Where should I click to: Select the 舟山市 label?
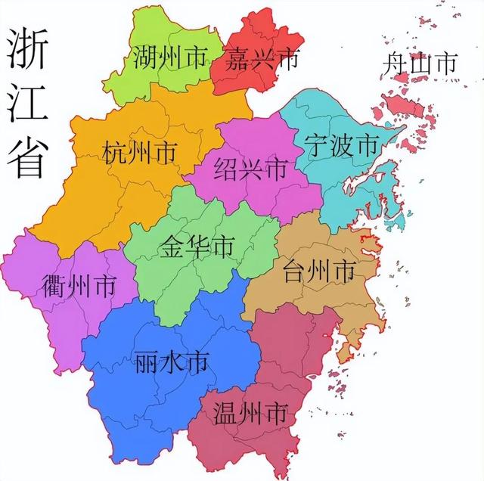(419, 64)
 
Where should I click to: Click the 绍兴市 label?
(251, 168)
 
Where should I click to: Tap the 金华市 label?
(197, 247)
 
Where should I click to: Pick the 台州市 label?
(318, 269)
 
